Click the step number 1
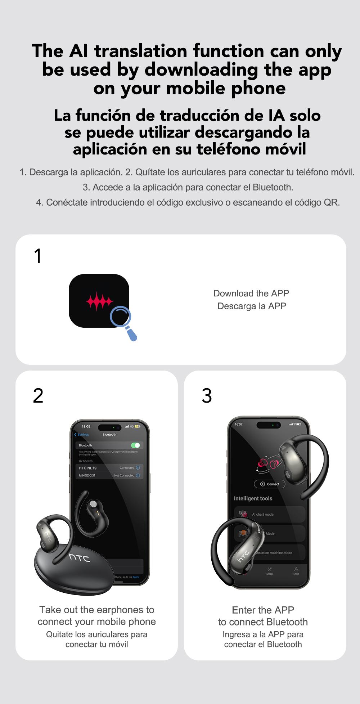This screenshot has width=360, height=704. [x=38, y=256]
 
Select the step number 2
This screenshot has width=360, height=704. [x=38, y=396]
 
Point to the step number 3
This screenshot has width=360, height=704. [x=207, y=396]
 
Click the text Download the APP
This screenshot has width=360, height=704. [x=251, y=293]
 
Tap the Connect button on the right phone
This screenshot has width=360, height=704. [x=270, y=484]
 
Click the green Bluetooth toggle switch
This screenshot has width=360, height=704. [x=135, y=445]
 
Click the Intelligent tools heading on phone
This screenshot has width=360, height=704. [x=253, y=498]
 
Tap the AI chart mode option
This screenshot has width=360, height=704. [x=262, y=514]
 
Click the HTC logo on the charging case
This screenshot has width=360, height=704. [x=80, y=558]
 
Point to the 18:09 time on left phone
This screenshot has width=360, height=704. [x=86, y=426]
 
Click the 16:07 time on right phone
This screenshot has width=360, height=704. [x=238, y=424]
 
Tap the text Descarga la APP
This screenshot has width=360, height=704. [x=252, y=306]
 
